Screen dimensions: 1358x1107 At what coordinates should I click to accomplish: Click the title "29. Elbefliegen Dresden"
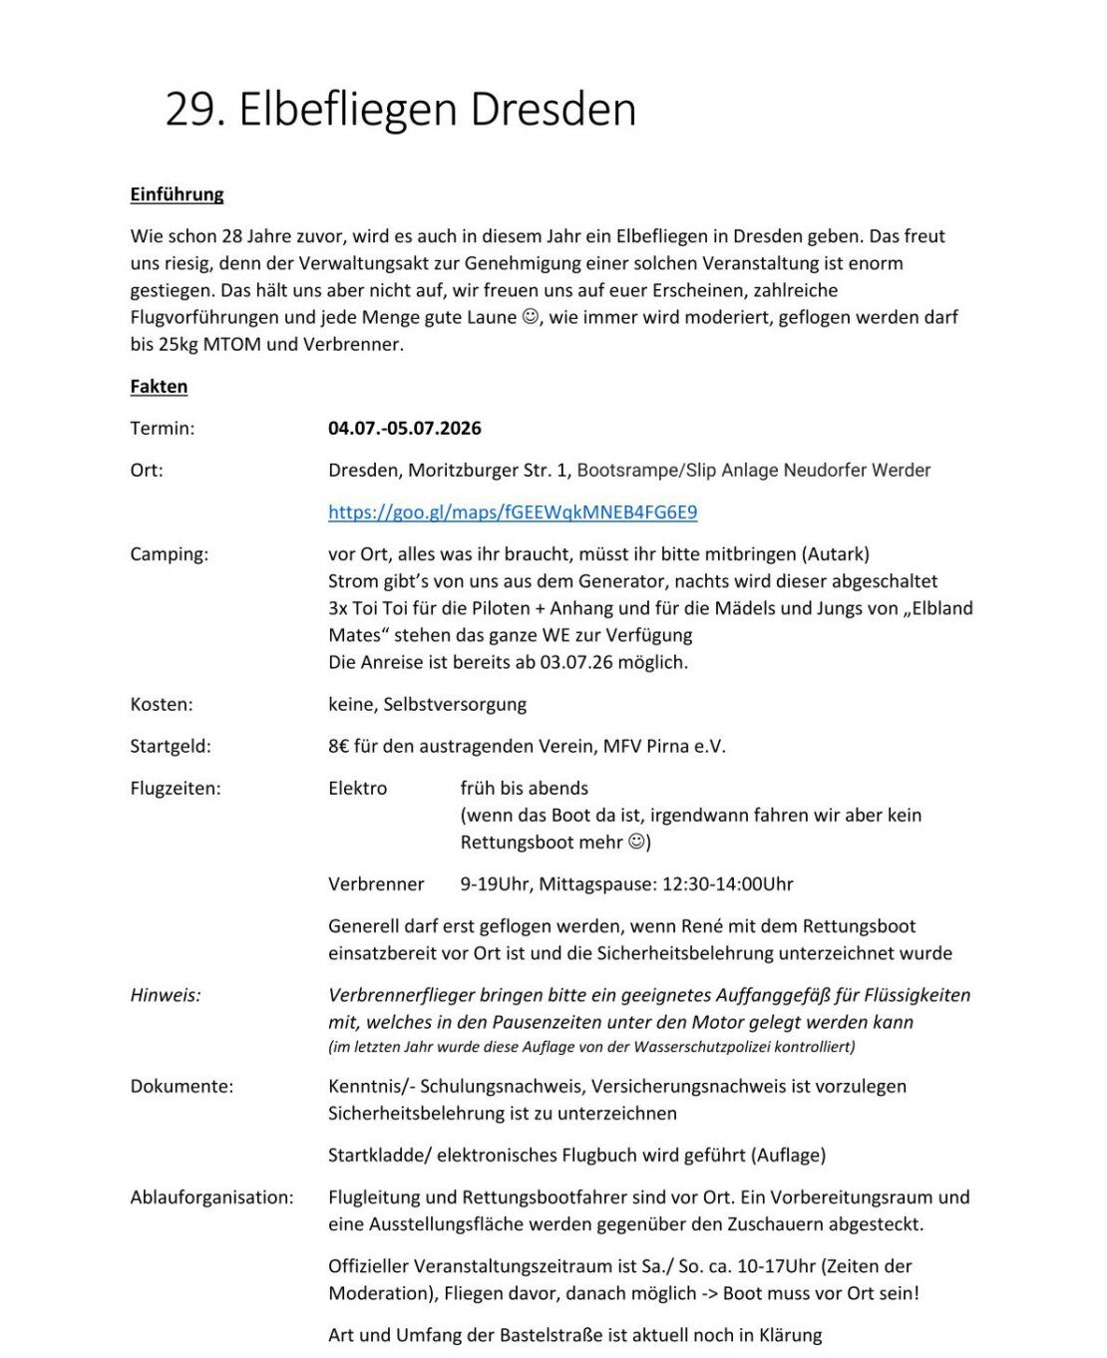[x=400, y=110]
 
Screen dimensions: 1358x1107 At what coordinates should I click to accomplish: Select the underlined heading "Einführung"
[x=177, y=194]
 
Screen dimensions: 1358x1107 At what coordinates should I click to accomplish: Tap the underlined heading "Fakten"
[x=159, y=387]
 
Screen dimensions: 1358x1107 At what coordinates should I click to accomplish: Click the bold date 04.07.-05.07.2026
[x=404, y=429]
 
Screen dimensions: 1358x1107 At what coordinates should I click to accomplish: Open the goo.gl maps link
[x=512, y=512]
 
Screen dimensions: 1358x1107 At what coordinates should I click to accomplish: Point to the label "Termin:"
[x=163, y=429]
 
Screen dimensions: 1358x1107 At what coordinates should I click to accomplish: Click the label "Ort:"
[x=147, y=471]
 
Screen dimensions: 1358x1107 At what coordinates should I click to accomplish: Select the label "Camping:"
[x=170, y=554]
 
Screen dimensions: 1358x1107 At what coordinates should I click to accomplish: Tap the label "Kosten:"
[x=162, y=705]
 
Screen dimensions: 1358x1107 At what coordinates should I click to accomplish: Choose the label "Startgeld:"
[x=171, y=747]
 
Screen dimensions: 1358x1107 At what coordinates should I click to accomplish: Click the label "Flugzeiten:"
[x=176, y=789]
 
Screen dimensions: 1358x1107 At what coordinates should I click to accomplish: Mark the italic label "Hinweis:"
[x=166, y=995]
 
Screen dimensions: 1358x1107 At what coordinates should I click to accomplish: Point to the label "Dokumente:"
[x=182, y=1087]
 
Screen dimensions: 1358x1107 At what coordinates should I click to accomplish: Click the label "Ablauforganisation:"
[x=211, y=1197]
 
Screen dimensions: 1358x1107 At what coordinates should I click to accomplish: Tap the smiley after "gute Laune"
[x=531, y=318]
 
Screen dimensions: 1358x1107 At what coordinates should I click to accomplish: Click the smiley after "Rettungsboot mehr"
[x=636, y=843]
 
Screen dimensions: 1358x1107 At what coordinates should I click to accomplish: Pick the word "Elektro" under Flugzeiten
[x=357, y=789]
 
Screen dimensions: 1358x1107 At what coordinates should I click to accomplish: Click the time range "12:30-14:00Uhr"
[x=714, y=884]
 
